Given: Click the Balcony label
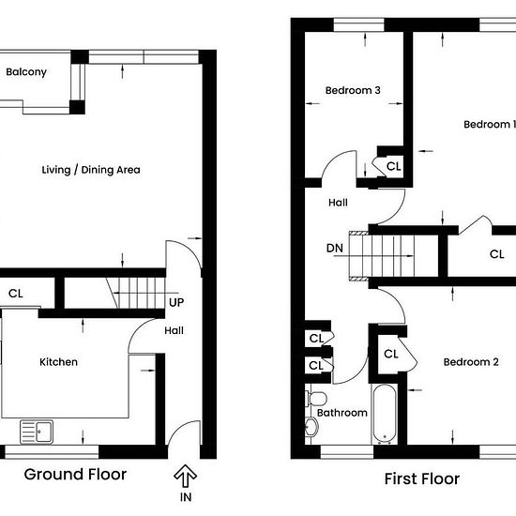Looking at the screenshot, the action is [x=26, y=72].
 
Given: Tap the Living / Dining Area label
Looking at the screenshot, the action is [x=91, y=170].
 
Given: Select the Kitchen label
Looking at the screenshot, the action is [x=58, y=362].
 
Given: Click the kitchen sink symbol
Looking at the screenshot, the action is [x=37, y=432].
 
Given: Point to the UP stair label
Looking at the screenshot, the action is [x=176, y=302].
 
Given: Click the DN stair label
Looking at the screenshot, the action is [x=335, y=248].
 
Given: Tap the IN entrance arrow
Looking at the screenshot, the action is [x=185, y=476].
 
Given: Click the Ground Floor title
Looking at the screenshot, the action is [x=75, y=475].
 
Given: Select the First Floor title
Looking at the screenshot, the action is [x=422, y=478].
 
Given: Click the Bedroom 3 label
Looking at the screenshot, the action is [x=353, y=90].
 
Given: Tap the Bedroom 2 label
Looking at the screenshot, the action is [x=471, y=362].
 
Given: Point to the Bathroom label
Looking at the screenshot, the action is [x=342, y=413].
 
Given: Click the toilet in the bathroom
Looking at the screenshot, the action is [x=316, y=399].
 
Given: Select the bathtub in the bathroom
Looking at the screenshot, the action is [x=385, y=414].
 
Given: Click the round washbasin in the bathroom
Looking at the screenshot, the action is [x=311, y=427].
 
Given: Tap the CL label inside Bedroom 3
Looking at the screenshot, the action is [x=394, y=166].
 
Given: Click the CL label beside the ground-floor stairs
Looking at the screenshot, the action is [x=16, y=294].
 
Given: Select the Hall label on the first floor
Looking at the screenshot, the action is [x=338, y=203].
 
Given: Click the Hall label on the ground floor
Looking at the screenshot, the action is [x=175, y=330].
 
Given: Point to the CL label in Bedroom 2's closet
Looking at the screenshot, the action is [x=391, y=354].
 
